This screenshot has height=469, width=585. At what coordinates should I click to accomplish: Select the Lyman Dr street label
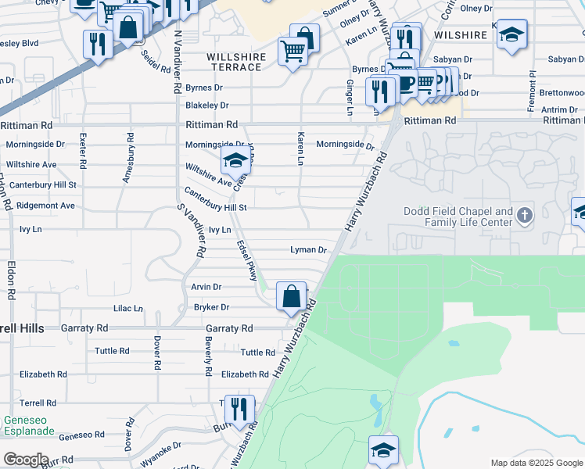point(307,250)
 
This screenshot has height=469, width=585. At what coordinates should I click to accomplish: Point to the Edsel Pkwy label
point(247,261)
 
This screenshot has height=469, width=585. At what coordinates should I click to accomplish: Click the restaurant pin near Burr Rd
point(239,409)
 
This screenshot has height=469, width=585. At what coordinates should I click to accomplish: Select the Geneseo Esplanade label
point(29,425)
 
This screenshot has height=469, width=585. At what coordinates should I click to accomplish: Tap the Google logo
point(25,460)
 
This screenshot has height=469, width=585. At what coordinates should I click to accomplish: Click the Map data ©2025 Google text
point(536,463)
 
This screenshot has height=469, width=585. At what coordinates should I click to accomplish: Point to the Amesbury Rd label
point(127,158)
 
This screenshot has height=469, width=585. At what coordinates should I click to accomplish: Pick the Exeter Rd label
point(82,152)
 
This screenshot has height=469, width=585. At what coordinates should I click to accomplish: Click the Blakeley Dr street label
point(206,105)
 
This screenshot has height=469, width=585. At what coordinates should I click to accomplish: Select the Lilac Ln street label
point(128,309)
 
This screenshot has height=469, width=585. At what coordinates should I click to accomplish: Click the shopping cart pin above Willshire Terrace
point(292,53)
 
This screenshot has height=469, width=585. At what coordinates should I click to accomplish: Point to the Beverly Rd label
point(208,358)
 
